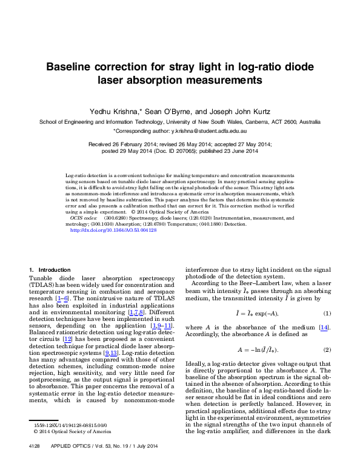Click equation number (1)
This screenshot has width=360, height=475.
[327, 313]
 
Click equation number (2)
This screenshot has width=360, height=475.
[327, 350]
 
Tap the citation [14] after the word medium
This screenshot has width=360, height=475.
[323, 328]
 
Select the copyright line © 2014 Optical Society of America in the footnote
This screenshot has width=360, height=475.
[72, 431]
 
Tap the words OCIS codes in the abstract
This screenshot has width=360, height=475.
[84, 217]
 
